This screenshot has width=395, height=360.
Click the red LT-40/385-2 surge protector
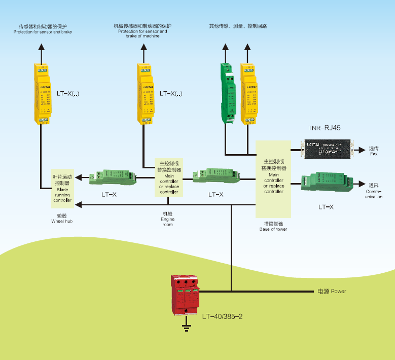click(186, 296)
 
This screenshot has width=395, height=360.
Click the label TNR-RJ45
click(324, 128)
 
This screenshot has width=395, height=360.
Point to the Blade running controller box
click(63, 188)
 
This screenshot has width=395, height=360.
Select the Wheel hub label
click(62, 219)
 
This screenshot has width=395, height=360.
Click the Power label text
click(332, 292)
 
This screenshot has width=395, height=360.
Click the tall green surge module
click(227, 93)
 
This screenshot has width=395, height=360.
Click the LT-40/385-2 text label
click(222, 317)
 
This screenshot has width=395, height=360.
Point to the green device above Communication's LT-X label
click(328, 184)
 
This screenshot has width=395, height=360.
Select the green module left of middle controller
click(112, 177)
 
